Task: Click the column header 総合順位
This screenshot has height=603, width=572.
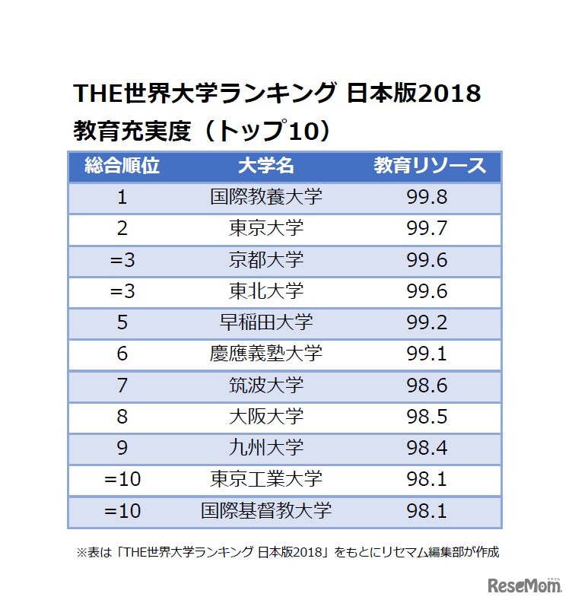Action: tap(122, 167)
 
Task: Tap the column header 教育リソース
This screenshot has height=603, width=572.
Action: tap(429, 167)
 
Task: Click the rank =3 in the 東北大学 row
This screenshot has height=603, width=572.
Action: tap(122, 291)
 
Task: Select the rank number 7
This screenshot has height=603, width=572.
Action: tap(122, 385)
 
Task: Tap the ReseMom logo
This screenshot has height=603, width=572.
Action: tap(523, 585)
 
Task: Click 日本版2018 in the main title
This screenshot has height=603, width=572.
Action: tap(413, 94)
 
